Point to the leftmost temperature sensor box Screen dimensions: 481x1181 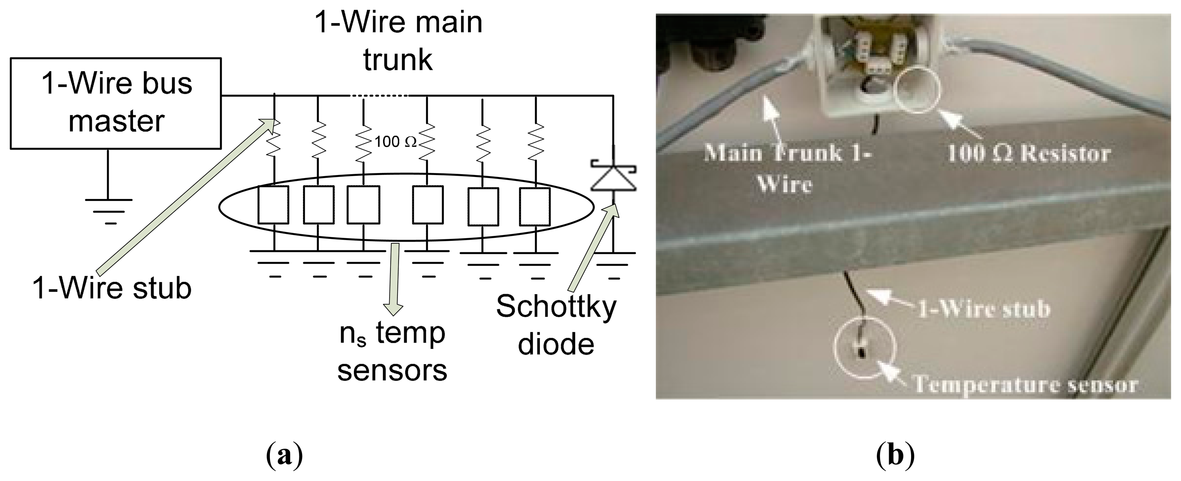click(x=273, y=205)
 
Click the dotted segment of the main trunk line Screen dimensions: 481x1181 click(x=379, y=96)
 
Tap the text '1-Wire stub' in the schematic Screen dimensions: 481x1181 click(x=111, y=288)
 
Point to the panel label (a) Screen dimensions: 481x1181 click(x=284, y=456)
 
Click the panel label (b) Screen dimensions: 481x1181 click(x=895, y=456)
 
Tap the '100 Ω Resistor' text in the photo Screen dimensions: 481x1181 click(x=1028, y=154)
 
